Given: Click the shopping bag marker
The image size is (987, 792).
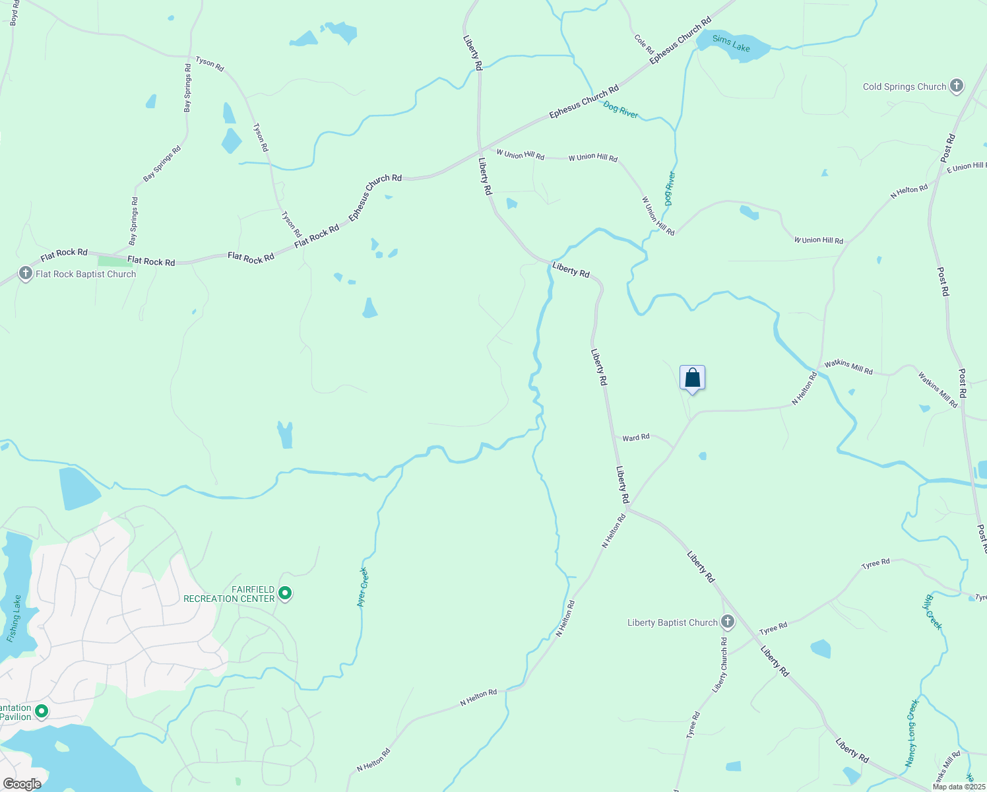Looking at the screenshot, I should (x=692, y=378).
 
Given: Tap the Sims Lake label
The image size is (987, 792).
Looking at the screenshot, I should (x=731, y=44).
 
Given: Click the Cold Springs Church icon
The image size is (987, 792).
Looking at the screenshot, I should (x=957, y=86).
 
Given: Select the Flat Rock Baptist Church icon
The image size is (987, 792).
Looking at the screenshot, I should (x=25, y=273).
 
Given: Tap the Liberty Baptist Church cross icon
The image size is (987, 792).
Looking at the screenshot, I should (x=727, y=622).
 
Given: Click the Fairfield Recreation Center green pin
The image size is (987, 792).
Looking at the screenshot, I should (x=285, y=593).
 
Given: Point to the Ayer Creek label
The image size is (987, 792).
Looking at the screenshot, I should (x=362, y=587).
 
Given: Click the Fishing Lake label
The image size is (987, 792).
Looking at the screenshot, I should (x=15, y=618).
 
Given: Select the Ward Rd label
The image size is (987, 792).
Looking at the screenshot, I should (x=635, y=438).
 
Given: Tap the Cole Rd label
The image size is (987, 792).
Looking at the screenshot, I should (x=644, y=44).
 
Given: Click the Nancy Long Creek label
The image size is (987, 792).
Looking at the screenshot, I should (x=911, y=733).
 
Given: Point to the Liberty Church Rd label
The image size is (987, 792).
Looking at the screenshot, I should (x=720, y=665).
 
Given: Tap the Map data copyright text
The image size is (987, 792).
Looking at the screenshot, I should (x=959, y=787).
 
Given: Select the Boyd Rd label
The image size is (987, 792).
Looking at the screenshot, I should (x=15, y=13).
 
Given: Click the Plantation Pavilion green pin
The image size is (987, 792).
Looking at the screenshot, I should (x=41, y=711).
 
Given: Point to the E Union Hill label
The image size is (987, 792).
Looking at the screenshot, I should (x=966, y=167).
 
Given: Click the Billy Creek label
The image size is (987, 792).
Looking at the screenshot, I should (x=932, y=612).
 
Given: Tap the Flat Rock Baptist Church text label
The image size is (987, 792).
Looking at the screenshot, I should (x=86, y=274).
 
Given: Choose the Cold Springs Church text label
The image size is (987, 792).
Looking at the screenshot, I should (x=904, y=86).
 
